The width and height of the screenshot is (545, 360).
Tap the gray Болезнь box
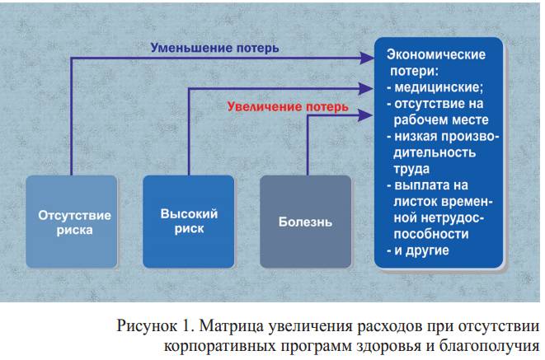point(307,222)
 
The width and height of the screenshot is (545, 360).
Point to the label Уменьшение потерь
point(214,48)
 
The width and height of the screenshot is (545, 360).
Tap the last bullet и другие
point(420,250)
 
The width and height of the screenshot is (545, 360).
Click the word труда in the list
point(411,169)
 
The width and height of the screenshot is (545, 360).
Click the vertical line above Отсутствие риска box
point(71,115)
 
